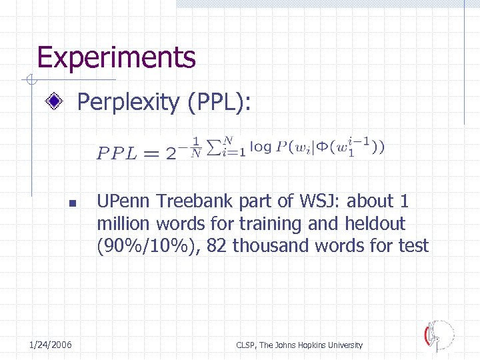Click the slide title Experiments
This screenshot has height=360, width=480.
point(117,57)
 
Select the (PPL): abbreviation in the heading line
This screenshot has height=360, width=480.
point(219,103)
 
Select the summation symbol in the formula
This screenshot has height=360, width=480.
point(215,147)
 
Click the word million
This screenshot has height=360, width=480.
point(122,223)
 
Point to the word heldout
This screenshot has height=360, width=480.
point(375,223)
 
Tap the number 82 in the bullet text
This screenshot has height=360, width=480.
point(217,246)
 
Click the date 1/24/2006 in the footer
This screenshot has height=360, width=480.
point(51,345)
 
